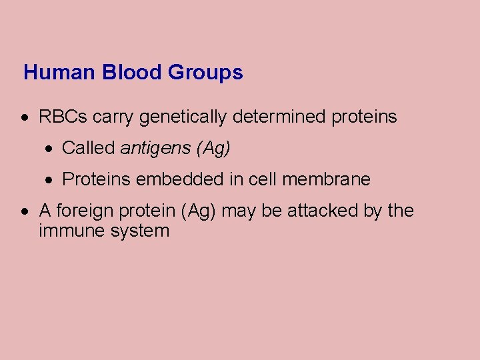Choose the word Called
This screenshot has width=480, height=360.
coord(88,148)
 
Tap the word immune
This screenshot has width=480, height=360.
coord(67,231)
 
